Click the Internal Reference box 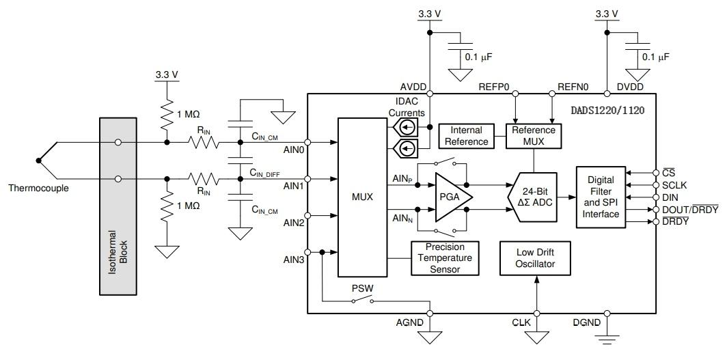tap(467, 135)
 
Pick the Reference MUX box tap(534, 135)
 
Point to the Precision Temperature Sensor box tap(444, 258)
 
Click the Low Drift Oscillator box tap(536, 258)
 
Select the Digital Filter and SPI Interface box tap(601, 197)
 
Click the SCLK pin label tap(675, 184)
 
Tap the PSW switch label tap(361, 288)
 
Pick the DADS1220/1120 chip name tap(607, 108)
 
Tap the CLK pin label tap(521, 322)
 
